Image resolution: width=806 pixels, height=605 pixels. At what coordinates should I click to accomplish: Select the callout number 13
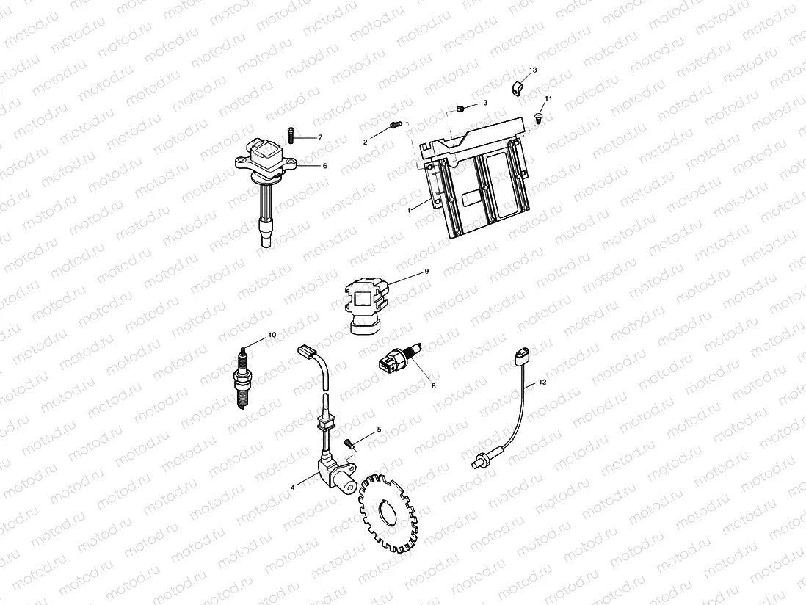click(x=533, y=69)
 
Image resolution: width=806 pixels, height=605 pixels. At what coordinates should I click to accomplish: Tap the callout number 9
click(x=426, y=272)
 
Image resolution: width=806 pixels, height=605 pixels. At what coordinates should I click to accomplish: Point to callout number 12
click(x=542, y=383)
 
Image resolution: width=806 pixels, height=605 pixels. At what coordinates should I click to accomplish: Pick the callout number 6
click(x=324, y=166)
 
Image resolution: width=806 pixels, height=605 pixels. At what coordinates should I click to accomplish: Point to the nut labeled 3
click(x=459, y=109)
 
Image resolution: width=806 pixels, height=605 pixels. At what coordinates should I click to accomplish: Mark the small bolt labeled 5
click(x=349, y=442)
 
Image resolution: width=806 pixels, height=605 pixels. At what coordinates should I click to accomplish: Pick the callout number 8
click(x=433, y=385)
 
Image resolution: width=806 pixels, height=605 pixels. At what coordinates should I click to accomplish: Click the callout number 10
click(x=272, y=335)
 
